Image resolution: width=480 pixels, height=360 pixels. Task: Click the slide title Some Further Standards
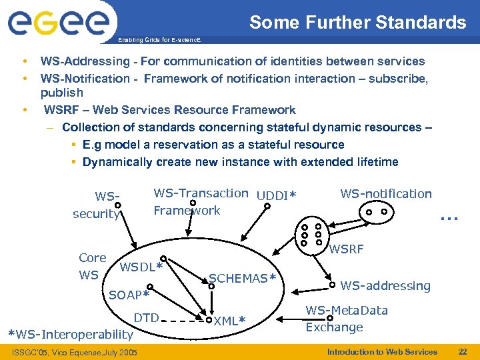pos(358,23)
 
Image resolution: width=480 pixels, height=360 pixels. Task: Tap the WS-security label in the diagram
pos(97,205)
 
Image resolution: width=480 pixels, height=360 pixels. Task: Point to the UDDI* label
pos(275,195)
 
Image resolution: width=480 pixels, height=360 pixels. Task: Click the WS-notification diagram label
pos(386,194)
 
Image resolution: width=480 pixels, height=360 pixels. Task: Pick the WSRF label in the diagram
pos(347,249)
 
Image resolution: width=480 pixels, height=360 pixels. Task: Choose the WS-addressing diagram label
pos(385,286)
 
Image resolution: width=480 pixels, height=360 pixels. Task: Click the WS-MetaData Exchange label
pos(346,319)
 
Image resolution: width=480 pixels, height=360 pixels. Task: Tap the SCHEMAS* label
pos(243,278)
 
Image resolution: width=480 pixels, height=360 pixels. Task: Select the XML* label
pos(230,321)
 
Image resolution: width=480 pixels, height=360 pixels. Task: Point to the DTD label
pos(146,317)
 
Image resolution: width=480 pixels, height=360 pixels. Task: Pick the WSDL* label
pos(141,268)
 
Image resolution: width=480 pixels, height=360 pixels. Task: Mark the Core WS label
pos(92,266)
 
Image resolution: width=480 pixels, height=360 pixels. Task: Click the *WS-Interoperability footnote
pos(70,334)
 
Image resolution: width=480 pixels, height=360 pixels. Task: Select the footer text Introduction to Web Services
pos(382,351)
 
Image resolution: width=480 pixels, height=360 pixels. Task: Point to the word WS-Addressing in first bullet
pos(73,61)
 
